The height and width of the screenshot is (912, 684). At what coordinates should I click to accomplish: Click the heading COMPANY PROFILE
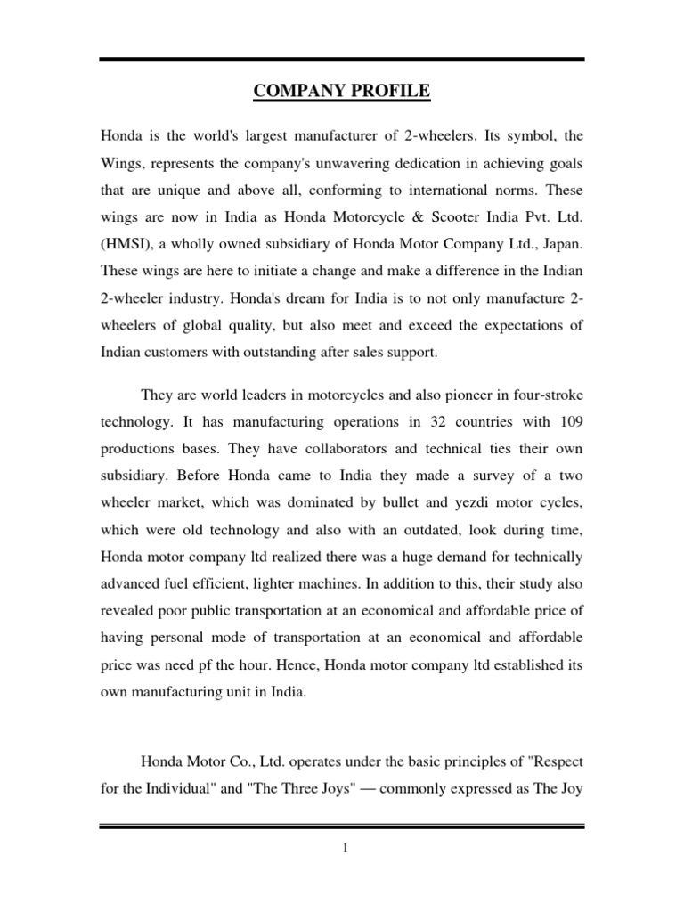342,91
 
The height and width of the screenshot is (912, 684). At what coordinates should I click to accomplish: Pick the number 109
571,419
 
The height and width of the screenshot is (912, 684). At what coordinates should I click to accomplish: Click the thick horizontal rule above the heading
342,60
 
